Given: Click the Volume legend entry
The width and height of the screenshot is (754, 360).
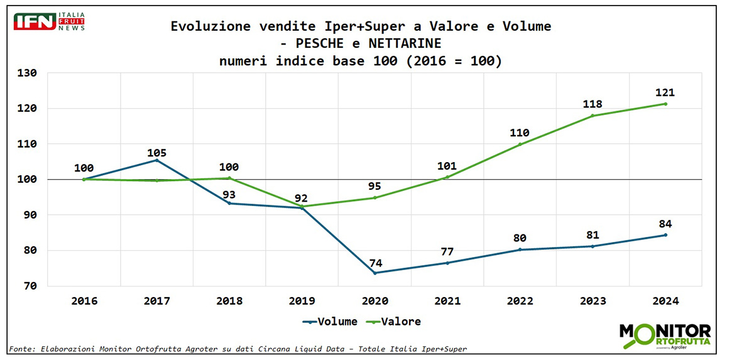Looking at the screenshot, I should point(331,322).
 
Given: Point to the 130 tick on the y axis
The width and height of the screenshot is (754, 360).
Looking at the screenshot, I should point(28,73).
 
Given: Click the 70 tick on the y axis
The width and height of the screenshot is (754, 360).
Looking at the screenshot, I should point(31,286).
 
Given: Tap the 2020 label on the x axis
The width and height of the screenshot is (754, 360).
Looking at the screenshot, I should point(374,302).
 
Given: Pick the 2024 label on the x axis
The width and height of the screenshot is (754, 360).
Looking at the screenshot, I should point(665,302).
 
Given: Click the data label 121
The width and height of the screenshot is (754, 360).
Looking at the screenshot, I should point(665,93).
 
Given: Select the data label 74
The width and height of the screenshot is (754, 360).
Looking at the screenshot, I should point(375,263).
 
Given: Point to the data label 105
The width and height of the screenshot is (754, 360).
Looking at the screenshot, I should point(156,153).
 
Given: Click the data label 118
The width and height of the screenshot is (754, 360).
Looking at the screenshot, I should point(593,105).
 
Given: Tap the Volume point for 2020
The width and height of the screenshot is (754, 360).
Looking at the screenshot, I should point(375,273).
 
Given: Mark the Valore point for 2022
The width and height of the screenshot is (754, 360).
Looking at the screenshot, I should point(520,145).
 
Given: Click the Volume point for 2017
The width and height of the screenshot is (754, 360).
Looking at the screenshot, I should point(156,160).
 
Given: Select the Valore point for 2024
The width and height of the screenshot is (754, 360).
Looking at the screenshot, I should point(665,104).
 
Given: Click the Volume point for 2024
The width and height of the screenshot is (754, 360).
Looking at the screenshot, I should point(665,235).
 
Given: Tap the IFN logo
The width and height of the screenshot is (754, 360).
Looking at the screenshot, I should point(49,21).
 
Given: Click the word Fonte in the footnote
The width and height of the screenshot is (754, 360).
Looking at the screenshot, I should point(21,349).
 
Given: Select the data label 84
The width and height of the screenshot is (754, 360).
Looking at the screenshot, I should point(665,224).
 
